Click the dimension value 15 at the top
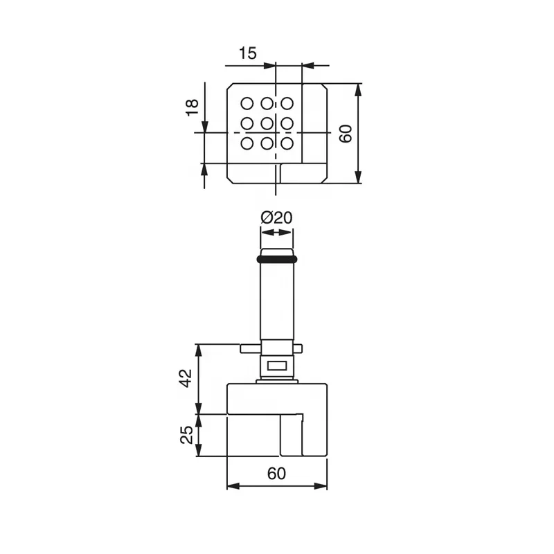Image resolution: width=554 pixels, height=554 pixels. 248,53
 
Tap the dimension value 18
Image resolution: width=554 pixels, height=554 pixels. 193,107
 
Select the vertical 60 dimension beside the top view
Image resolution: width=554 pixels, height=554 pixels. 346,133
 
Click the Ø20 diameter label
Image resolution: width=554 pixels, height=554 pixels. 276,217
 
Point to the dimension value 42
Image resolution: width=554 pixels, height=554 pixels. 186,378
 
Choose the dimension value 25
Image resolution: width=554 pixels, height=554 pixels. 186,435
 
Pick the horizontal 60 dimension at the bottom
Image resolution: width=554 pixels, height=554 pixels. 276,474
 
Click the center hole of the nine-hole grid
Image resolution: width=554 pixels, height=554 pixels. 267,124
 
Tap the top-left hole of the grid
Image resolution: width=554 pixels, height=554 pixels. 247,103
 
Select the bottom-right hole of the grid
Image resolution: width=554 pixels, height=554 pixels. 287,143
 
